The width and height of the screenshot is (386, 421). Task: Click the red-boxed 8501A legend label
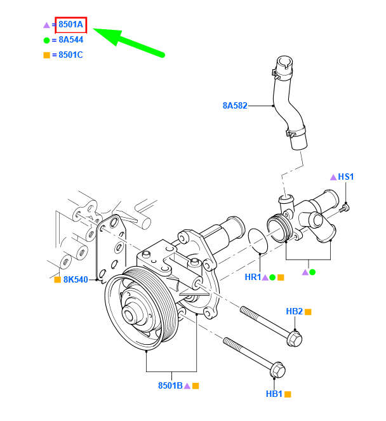pyautogui.click(x=70, y=25)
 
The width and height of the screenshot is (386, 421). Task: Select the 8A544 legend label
pyautogui.click(x=70, y=40)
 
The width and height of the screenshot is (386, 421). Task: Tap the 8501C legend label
pyautogui.click(x=70, y=55)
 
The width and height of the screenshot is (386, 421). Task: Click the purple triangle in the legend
pyautogui.click(x=46, y=25)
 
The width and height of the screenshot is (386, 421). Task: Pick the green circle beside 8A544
pyautogui.click(x=46, y=40)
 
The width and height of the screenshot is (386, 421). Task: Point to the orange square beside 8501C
pyautogui.click(x=46, y=55)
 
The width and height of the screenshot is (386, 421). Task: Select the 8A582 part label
pyautogui.click(x=235, y=105)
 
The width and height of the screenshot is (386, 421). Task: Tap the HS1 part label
pyautogui.click(x=345, y=177)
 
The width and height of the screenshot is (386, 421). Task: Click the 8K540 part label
pyautogui.click(x=76, y=279)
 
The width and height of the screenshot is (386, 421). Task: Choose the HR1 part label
pyautogui.click(x=253, y=277)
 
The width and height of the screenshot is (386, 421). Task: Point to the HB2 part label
pyautogui.click(x=294, y=311)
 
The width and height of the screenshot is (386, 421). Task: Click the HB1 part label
pyautogui.click(x=274, y=394)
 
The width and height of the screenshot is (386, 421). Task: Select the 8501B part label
pyautogui.click(x=170, y=385)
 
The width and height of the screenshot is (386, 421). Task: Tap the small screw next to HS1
pyautogui.click(x=345, y=208)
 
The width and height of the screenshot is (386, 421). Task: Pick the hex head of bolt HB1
pyautogui.click(x=276, y=369)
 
